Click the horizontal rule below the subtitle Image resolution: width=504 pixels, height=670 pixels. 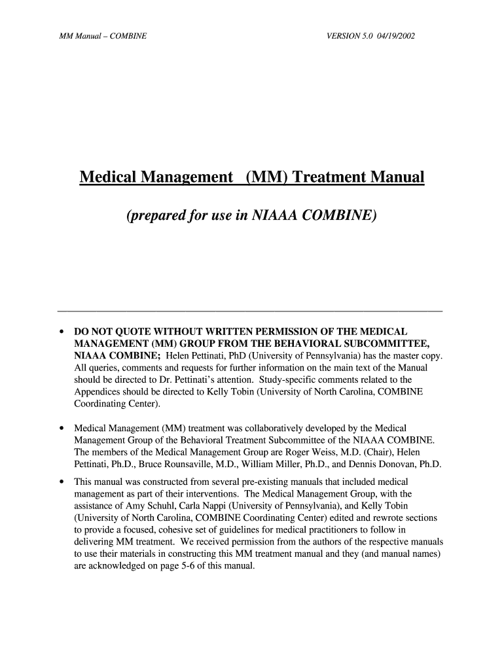coord(250,310)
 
